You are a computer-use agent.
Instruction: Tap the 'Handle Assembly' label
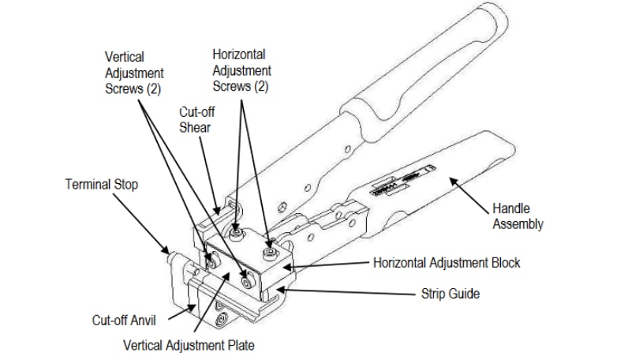pos(518,216)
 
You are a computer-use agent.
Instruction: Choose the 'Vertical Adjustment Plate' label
pos(189,345)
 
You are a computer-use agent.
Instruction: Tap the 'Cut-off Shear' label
pos(196,120)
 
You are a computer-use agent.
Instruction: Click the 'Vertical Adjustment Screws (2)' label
pos(134,73)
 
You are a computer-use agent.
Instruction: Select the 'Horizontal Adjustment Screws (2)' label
pos(245,70)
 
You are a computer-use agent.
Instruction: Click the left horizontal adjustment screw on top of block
pos(237,233)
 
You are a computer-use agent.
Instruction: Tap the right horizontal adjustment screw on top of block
pos(270,252)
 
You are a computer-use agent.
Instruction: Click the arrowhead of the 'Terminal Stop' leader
pos(166,248)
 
